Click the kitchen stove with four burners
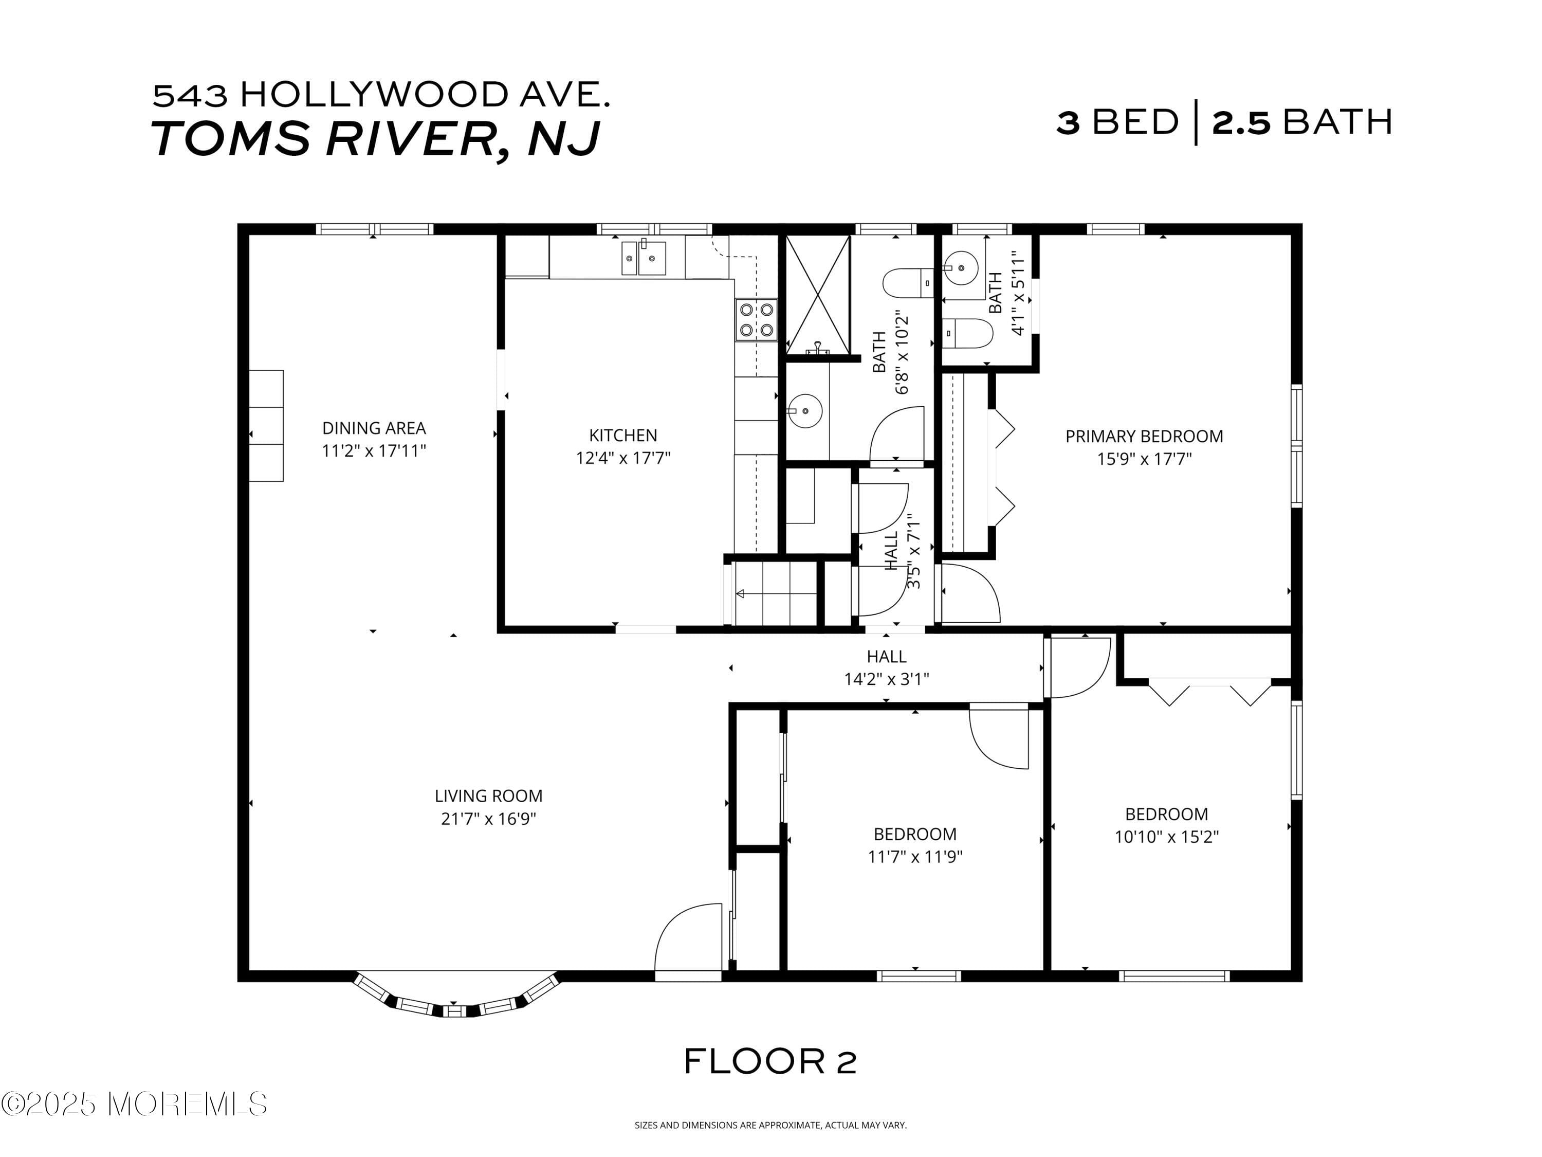[757, 319]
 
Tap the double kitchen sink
[644, 258]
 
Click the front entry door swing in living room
[687, 938]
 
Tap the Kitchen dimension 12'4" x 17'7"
[622, 458]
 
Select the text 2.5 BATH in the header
[1301, 122]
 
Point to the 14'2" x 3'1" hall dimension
[886, 679]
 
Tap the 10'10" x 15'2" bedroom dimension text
[1166, 837]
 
